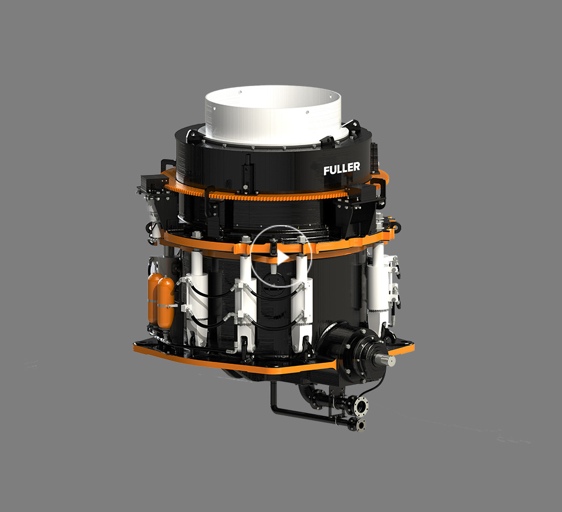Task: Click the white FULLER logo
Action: (x=342, y=169)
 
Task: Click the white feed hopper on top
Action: (x=273, y=114)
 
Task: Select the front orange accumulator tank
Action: (x=166, y=303)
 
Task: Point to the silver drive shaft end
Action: (x=386, y=359)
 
